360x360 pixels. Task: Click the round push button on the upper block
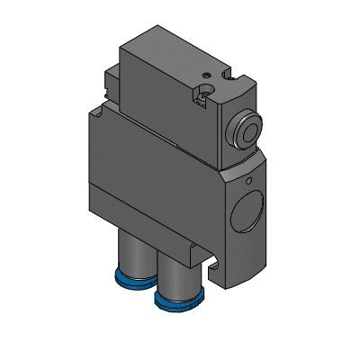coord(246,129)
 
